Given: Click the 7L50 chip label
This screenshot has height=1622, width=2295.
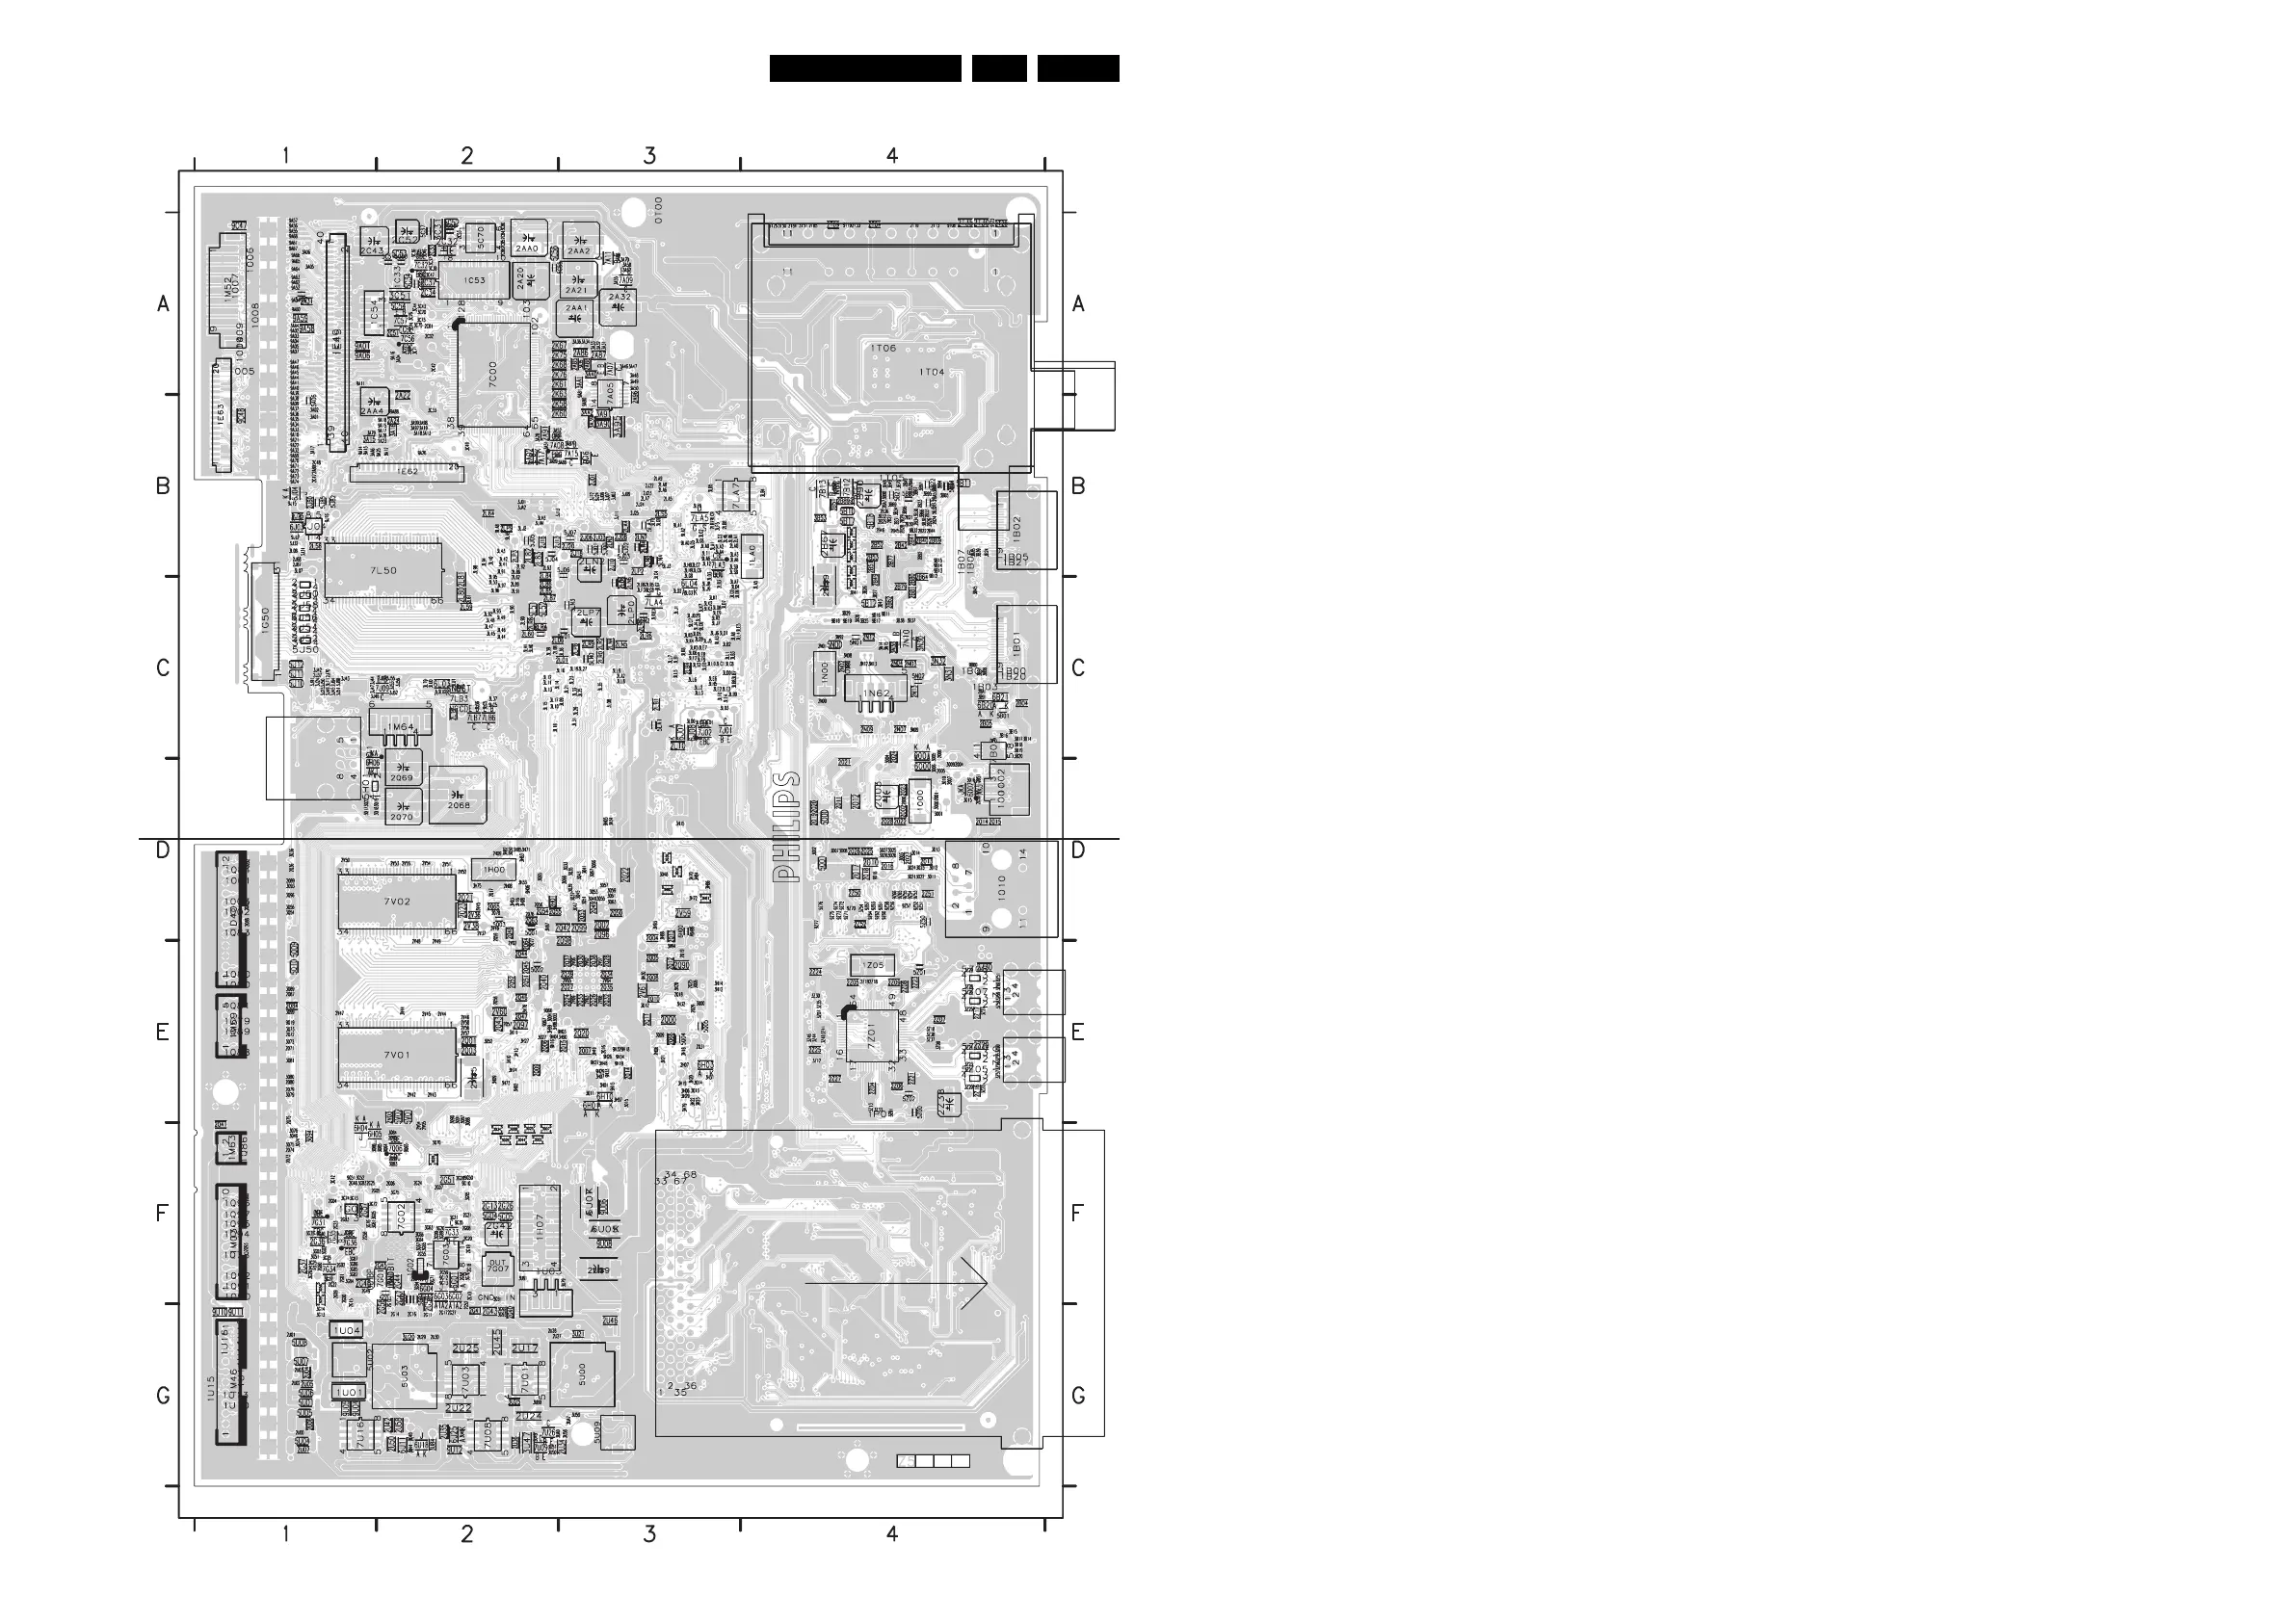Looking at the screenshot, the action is click(x=382, y=570).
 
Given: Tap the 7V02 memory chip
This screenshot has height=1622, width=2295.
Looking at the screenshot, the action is click(x=397, y=902).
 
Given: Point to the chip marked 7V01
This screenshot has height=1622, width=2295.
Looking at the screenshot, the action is click(x=397, y=1056).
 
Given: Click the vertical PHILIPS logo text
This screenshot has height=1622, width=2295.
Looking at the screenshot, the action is click(x=788, y=825).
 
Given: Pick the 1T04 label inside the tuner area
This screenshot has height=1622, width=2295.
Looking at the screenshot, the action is click(x=932, y=372).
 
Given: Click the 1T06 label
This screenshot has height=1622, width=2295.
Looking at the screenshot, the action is click(x=884, y=348).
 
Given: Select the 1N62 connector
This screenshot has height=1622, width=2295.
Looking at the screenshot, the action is click(x=876, y=693).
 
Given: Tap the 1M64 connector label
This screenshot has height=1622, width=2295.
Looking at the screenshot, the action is click(x=401, y=726).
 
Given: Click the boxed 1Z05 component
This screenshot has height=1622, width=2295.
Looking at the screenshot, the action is click(x=873, y=965).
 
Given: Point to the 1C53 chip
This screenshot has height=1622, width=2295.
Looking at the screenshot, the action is click(x=475, y=280).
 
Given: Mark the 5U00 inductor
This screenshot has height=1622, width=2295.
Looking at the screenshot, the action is click(x=582, y=1376).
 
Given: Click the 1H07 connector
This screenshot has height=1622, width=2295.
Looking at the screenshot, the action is click(x=540, y=1228).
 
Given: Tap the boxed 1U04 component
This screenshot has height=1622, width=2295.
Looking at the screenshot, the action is click(x=347, y=1330).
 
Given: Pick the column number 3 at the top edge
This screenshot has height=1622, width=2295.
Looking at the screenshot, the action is click(x=649, y=156).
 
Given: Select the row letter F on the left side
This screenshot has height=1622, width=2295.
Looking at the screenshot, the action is click(x=162, y=1214).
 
